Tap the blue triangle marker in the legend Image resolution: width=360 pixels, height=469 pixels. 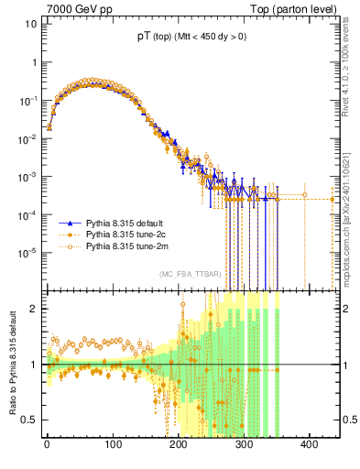click(67, 223)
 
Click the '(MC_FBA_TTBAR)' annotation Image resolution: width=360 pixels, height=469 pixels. click(190, 275)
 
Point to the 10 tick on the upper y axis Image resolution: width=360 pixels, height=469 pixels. click(29, 24)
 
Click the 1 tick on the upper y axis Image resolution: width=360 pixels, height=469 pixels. click(33, 62)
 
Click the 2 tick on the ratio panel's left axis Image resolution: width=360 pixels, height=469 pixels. click(33, 309)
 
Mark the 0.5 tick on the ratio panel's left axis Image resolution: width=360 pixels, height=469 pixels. click(29, 420)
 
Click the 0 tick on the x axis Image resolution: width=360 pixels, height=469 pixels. click(46, 444)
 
